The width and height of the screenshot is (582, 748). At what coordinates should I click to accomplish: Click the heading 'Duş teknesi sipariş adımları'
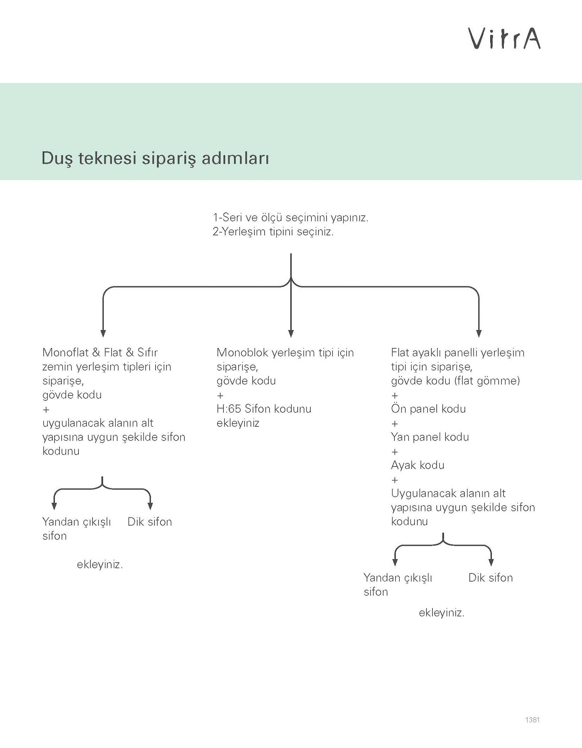[155, 159]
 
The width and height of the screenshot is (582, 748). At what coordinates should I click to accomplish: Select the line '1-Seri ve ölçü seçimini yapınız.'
[290, 218]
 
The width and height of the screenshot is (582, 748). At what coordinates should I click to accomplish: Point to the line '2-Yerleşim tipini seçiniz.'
[273, 232]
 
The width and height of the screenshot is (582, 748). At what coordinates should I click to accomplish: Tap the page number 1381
[532, 720]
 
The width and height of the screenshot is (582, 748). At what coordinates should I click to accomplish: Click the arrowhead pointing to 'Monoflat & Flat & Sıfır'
[103, 333]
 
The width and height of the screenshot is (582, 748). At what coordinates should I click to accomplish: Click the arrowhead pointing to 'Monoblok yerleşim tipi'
[291, 333]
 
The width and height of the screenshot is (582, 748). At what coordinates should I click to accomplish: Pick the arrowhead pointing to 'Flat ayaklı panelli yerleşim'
[479, 333]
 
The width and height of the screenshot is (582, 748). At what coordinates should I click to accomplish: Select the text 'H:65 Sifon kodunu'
[264, 409]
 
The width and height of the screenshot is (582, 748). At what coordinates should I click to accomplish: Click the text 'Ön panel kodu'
[428, 409]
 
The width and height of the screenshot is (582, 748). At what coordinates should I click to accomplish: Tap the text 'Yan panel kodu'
[430, 437]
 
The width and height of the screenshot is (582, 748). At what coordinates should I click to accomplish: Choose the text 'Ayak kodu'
[418, 465]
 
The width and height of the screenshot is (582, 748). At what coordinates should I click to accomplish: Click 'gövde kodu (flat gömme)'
[455, 381]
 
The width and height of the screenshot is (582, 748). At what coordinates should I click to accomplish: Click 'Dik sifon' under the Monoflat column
[149, 522]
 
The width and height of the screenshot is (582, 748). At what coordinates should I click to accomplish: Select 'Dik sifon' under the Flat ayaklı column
[490, 577]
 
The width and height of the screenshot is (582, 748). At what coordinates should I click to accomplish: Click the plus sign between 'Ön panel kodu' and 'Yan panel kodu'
[395, 424]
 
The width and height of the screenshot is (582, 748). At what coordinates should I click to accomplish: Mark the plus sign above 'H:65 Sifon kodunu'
[220, 396]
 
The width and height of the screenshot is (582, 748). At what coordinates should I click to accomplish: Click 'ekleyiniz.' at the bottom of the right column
[441, 612]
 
